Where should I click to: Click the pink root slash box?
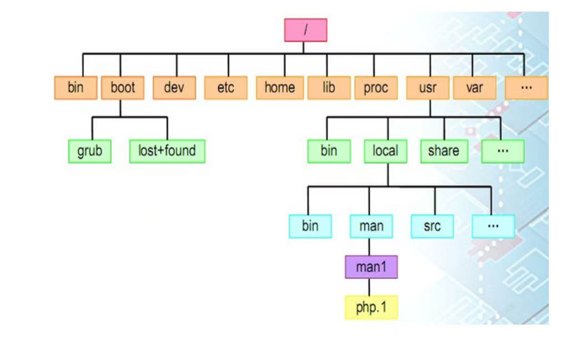[x=306, y=30]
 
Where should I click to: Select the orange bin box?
[x=75, y=88]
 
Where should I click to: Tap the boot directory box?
[x=123, y=88]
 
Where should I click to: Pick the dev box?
[x=175, y=88]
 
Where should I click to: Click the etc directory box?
[x=226, y=88]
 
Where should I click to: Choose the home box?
[x=279, y=88]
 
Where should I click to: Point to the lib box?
[x=329, y=88]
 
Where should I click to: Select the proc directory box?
[x=376, y=88]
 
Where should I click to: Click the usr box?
[x=427, y=88]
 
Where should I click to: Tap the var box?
[x=474, y=88]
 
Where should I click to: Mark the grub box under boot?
[x=90, y=151]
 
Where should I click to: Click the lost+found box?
[x=167, y=151]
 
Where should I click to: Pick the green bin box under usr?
[x=329, y=151]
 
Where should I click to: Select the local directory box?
[x=385, y=151]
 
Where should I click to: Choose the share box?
[x=443, y=151]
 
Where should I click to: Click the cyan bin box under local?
[x=311, y=226]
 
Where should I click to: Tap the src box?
[x=432, y=226]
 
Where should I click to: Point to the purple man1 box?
[x=371, y=267]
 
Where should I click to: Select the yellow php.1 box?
[x=371, y=307]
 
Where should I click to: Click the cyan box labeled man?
[x=371, y=226]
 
